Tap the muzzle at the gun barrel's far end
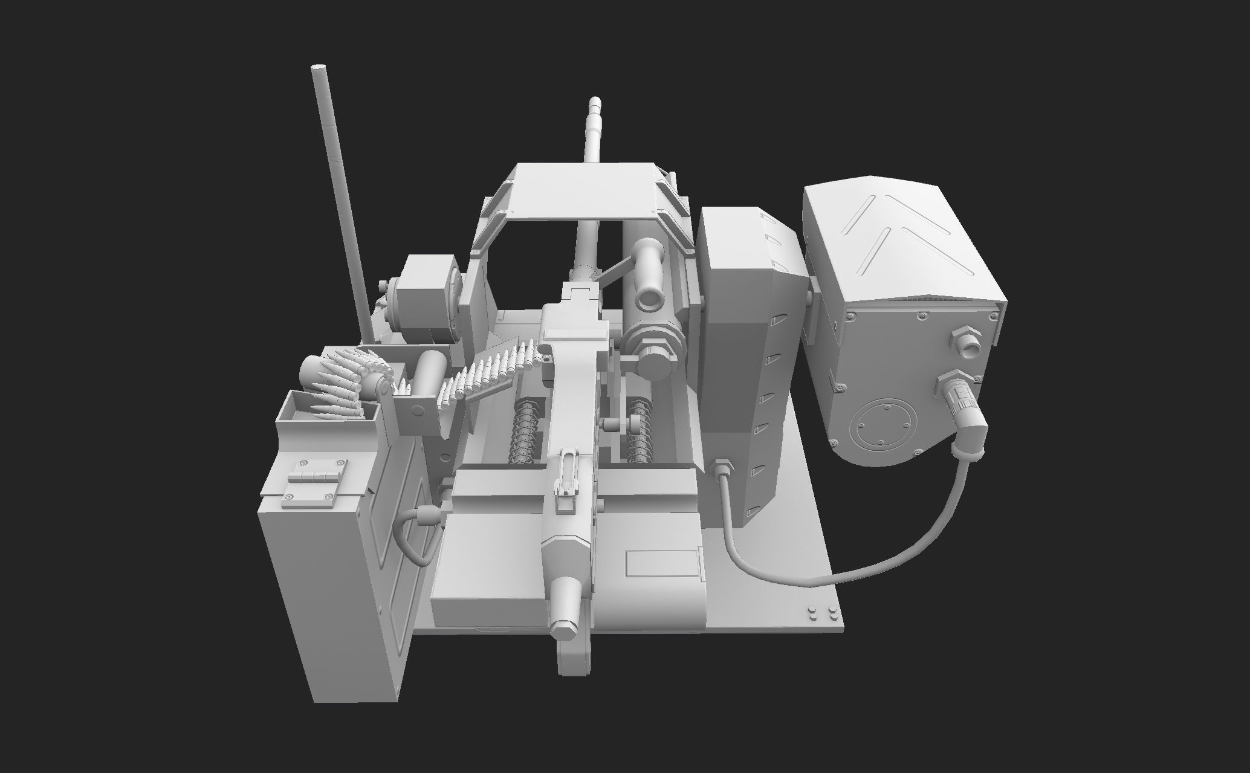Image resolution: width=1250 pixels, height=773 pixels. (x=595, y=102)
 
